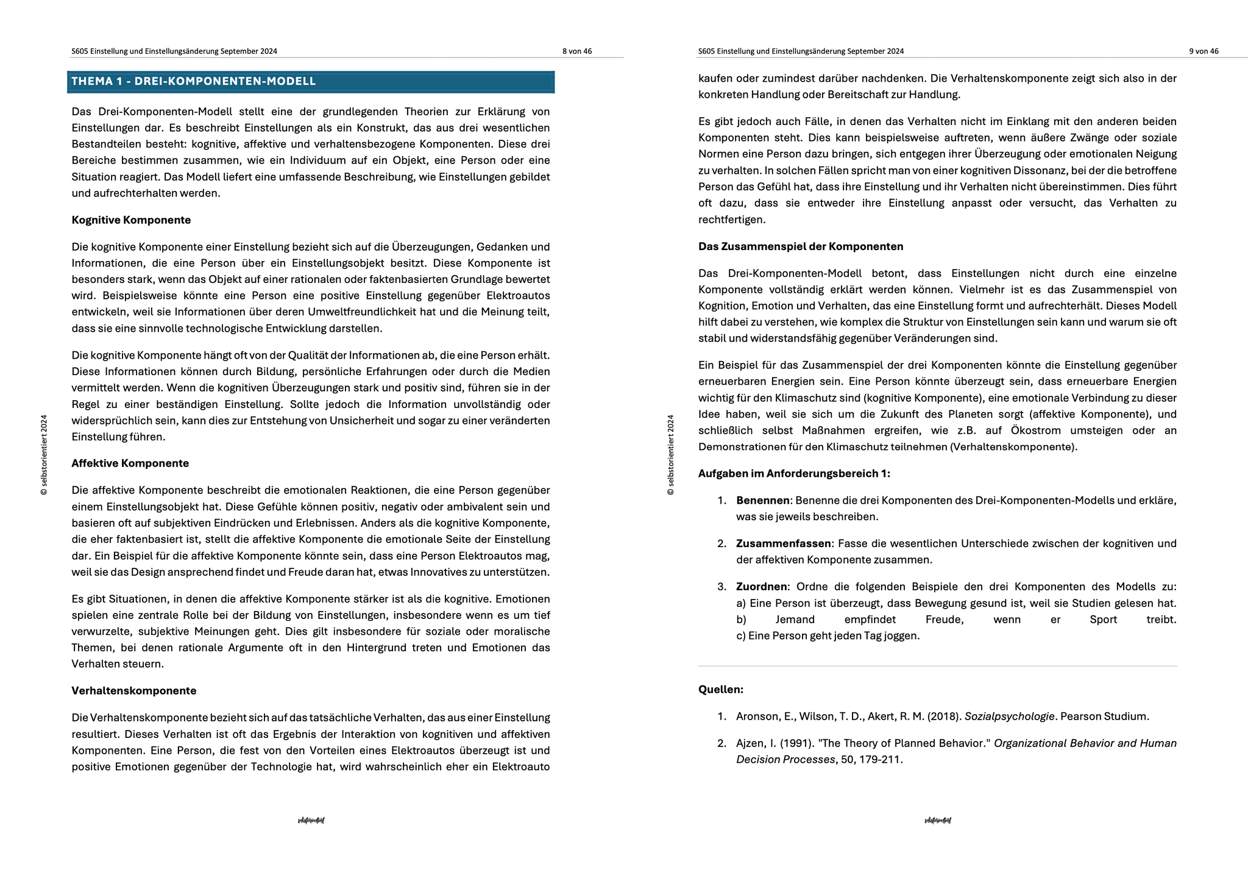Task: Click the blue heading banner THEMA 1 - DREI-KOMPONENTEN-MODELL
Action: [x=311, y=82]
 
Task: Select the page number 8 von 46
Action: [x=576, y=51]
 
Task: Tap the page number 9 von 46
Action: [x=1204, y=51]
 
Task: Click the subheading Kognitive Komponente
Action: [x=131, y=220]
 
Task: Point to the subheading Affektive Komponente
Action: [x=130, y=463]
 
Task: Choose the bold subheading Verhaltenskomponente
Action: [x=133, y=691]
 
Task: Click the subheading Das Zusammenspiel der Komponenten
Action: [x=801, y=246]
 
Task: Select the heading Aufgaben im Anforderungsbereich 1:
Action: [x=794, y=474]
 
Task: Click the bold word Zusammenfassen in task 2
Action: [x=783, y=543]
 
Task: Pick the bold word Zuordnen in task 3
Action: [x=761, y=587]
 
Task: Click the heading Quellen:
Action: [x=720, y=690]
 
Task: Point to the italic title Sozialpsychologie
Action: [x=1009, y=717]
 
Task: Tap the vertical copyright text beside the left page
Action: [x=44, y=455]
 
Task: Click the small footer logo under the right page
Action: [x=937, y=821]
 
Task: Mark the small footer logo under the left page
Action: [x=311, y=821]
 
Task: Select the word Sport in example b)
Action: [x=1103, y=620]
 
